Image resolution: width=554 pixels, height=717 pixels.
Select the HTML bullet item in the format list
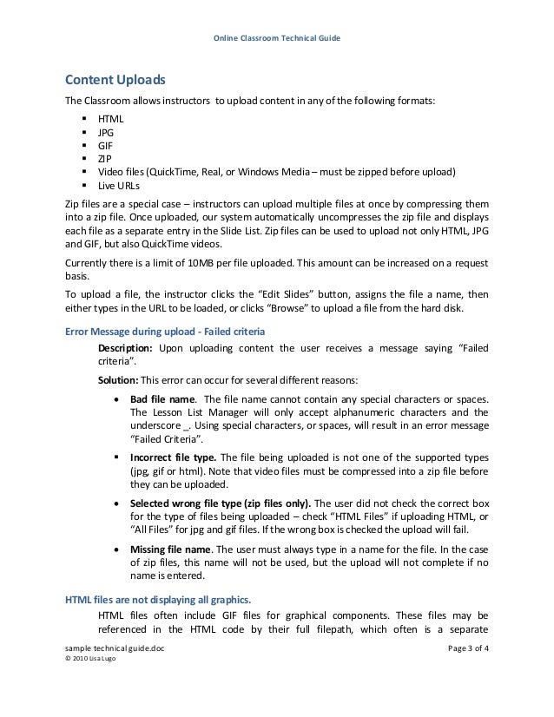point(110,119)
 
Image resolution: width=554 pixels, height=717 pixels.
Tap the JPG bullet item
point(106,133)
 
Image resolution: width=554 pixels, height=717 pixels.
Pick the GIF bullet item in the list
point(105,146)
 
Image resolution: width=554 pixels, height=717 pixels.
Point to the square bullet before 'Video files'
point(84,173)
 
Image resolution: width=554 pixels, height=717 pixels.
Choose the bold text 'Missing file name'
point(169,549)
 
